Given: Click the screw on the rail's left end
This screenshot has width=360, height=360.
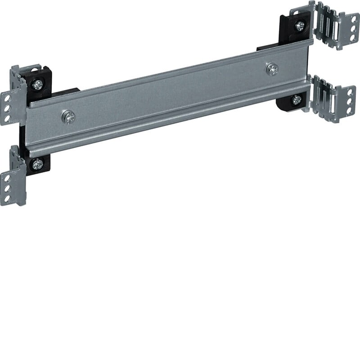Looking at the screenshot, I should tap(68, 117).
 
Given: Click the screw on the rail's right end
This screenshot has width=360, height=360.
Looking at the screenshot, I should tap(272, 69).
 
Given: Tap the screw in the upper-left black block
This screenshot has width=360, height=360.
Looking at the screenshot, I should tap(37, 84).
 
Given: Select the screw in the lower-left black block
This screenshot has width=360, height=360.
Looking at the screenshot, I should tap(37, 164).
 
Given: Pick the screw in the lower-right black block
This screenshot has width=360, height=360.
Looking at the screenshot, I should tap(296, 100).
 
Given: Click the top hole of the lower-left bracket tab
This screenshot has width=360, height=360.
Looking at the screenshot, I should tap(7, 178).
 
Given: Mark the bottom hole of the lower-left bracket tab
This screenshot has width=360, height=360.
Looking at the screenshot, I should tap(7, 198).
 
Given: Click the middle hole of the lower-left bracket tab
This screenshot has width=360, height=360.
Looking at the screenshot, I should tap(7, 189).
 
